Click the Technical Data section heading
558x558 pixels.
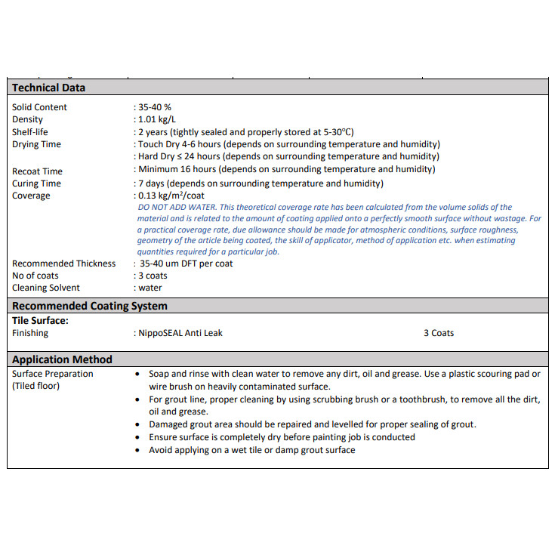click(x=48, y=88)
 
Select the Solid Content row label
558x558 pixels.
click(x=39, y=107)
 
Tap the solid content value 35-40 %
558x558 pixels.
click(x=154, y=107)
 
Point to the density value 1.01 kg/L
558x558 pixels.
click(x=158, y=119)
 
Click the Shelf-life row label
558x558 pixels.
click(x=30, y=131)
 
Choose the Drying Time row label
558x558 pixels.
click(x=36, y=144)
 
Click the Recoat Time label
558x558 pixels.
click(x=37, y=171)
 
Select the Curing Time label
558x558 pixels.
click(x=36, y=183)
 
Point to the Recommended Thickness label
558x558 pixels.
click(x=64, y=264)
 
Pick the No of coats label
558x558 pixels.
click(x=35, y=276)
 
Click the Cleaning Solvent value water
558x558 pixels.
click(x=150, y=288)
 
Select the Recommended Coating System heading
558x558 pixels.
click(x=90, y=306)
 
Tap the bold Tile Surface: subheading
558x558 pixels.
click(x=40, y=320)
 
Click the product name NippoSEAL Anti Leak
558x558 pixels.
click(x=180, y=332)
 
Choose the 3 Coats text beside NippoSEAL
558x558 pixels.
click(x=439, y=332)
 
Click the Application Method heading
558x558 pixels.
click(x=62, y=359)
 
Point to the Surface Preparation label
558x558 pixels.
click(x=53, y=374)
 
